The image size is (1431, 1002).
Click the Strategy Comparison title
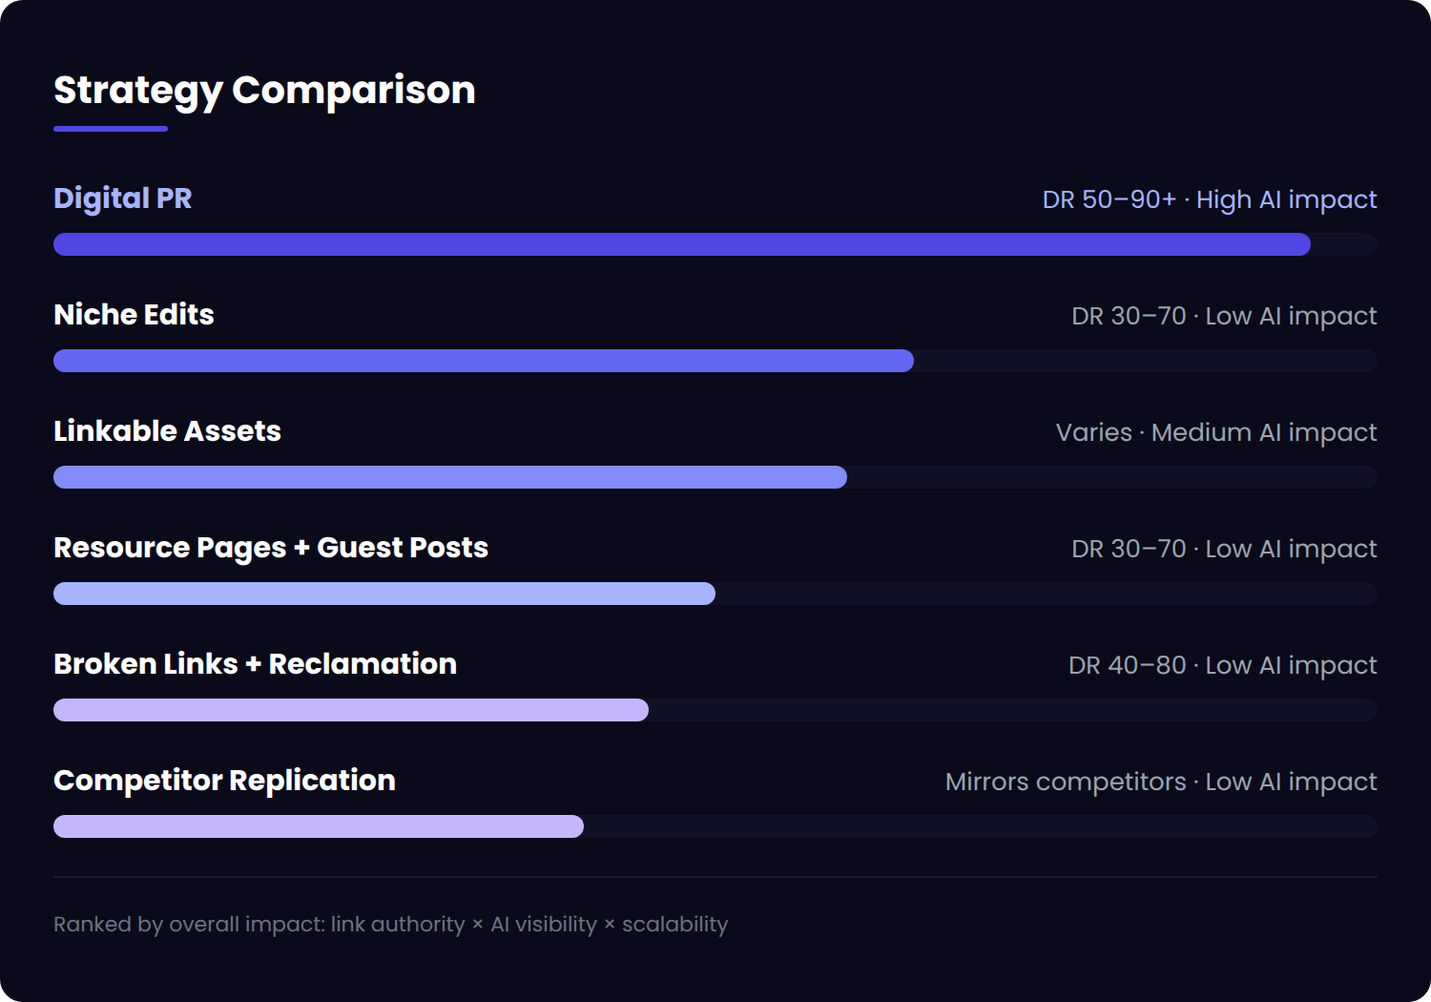(264, 91)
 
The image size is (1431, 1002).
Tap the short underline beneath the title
(111, 129)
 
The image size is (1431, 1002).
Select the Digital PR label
(123, 198)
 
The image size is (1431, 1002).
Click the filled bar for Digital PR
(681, 244)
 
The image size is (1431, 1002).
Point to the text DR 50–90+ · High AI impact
(1209, 199)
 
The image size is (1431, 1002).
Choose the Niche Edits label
(134, 315)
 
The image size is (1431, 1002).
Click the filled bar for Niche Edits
(483, 361)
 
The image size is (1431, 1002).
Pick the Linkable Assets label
(167, 431)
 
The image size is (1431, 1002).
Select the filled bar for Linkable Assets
(449, 477)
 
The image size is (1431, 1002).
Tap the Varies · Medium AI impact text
(1215, 432)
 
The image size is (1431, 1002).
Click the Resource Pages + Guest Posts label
(271, 548)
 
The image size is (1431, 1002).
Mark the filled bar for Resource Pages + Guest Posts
(384, 594)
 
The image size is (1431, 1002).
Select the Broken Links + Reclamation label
(255, 664)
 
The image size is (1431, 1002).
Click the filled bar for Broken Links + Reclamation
(350, 710)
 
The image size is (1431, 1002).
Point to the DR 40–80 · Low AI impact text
(1222, 665)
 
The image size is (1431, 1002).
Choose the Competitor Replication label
(224, 781)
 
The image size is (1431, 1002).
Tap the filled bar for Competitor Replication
(318, 826)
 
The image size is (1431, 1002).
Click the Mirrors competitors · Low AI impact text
(1160, 782)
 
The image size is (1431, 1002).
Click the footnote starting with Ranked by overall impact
(390, 924)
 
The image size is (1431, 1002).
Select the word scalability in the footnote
(674, 924)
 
